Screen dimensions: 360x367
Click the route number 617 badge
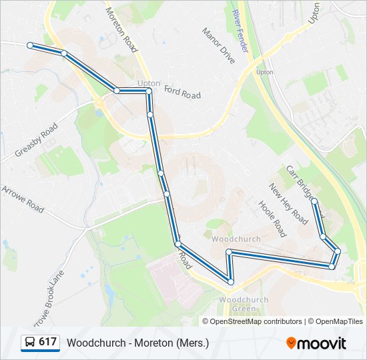pyautogui.click(x=39, y=342)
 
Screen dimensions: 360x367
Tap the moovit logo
pyautogui.click(x=316, y=343)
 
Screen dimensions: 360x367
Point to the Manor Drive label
pyautogui.click(x=219, y=46)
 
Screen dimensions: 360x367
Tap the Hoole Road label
pyautogui.click(x=272, y=219)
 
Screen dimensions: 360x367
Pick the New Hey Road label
pyautogui.click(x=288, y=204)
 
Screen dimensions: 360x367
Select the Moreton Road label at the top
pyautogui.click(x=122, y=30)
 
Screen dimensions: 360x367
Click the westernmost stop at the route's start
pyautogui.click(x=30, y=45)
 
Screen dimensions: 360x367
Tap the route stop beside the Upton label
pyautogui.click(x=149, y=91)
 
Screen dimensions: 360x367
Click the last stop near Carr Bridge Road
pyautogui.click(x=314, y=201)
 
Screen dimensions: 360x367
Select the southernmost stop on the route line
pyautogui.click(x=231, y=282)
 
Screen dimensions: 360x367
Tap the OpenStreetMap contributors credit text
pyautogui.click(x=256, y=321)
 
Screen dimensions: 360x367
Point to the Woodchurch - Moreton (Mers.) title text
pyautogui.click(x=137, y=343)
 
